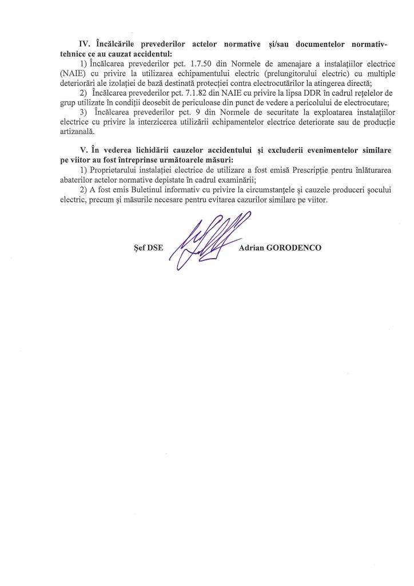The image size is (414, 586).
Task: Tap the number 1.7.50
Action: [x=201, y=60]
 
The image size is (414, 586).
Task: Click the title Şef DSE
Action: [x=147, y=248]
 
